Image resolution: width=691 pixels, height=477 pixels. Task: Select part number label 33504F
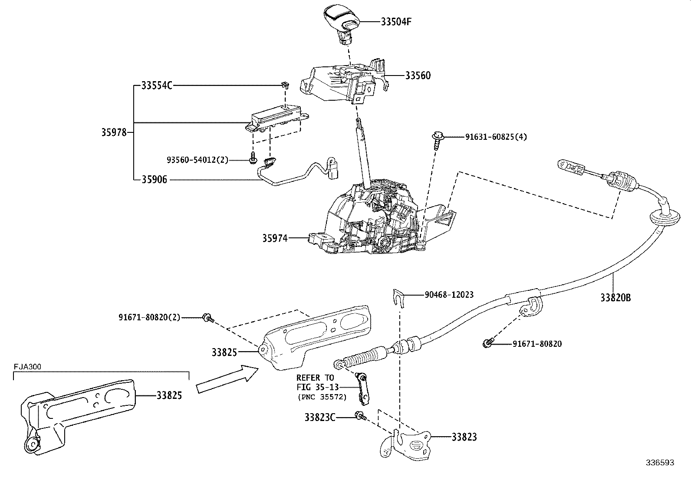(395, 22)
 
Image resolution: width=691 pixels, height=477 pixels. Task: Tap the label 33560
(418, 76)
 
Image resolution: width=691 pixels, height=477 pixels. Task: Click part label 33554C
(157, 86)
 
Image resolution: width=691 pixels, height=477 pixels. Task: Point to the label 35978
(114, 132)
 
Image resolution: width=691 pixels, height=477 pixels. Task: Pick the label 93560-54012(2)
(197, 160)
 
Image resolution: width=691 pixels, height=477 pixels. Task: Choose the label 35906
(154, 179)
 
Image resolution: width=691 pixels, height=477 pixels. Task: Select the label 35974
(274, 238)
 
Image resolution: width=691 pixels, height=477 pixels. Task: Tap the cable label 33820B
(615, 298)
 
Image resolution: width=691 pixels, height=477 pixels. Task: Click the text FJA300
(27, 366)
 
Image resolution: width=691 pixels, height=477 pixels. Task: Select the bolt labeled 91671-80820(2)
(207, 318)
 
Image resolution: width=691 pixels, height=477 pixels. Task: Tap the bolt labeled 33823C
(360, 416)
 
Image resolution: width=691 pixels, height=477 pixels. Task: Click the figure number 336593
(659, 463)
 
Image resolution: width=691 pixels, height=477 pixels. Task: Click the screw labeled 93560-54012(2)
(253, 160)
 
